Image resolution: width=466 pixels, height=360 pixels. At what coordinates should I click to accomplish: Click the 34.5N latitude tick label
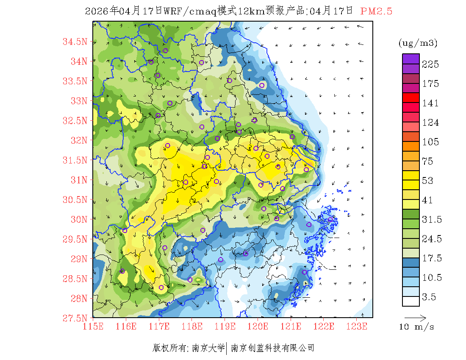(75, 42)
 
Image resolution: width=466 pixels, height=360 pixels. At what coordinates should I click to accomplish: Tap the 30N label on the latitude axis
(78, 219)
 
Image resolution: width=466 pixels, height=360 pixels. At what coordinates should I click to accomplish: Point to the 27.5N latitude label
(75, 318)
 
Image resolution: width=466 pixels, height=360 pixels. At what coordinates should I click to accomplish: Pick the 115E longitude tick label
(93, 327)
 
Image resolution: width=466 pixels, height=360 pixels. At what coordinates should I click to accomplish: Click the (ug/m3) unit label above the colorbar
(418, 43)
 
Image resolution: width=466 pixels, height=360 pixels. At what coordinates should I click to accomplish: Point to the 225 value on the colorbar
(430, 64)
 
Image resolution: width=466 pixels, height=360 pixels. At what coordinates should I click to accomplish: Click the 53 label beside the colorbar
(428, 181)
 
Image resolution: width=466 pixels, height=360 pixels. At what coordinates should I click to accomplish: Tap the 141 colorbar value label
(430, 103)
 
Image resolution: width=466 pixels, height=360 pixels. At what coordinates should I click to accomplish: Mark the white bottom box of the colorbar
(411, 301)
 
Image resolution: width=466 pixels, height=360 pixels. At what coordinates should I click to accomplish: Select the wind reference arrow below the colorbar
(415, 317)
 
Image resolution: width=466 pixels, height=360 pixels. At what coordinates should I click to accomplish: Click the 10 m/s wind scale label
(417, 327)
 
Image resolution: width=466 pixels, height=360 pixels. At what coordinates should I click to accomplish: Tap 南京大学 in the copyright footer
(209, 348)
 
